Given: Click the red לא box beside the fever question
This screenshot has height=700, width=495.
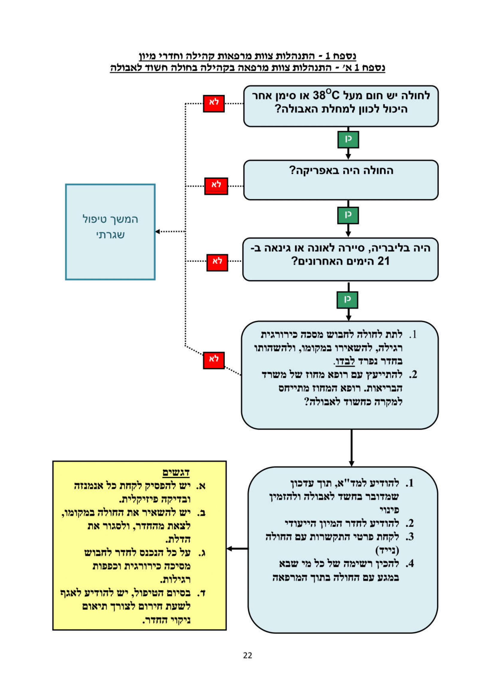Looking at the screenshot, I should [x=214, y=104].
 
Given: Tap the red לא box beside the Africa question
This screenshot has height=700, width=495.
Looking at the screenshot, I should [x=216, y=186].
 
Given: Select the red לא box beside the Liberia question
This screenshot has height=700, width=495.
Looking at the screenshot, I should [x=217, y=262].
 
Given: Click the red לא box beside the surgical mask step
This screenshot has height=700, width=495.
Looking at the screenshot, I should [x=214, y=360].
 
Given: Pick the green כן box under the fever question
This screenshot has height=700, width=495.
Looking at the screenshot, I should [x=348, y=140].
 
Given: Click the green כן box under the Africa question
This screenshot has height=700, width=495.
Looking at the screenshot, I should [x=348, y=215].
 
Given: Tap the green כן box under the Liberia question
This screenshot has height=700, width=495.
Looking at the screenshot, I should [x=347, y=300].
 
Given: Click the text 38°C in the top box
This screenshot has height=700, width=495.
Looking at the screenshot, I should [x=326, y=95].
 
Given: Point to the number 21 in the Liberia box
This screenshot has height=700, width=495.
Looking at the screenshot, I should [x=383, y=261].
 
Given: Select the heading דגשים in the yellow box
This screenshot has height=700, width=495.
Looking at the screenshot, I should [x=176, y=473].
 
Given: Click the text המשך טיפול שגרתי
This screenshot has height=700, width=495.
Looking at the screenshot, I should [x=110, y=227].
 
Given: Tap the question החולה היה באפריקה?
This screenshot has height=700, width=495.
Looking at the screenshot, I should [x=341, y=170].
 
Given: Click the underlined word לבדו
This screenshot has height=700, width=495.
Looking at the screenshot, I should [x=345, y=361].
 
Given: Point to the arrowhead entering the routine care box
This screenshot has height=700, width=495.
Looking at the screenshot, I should [x=158, y=231].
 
